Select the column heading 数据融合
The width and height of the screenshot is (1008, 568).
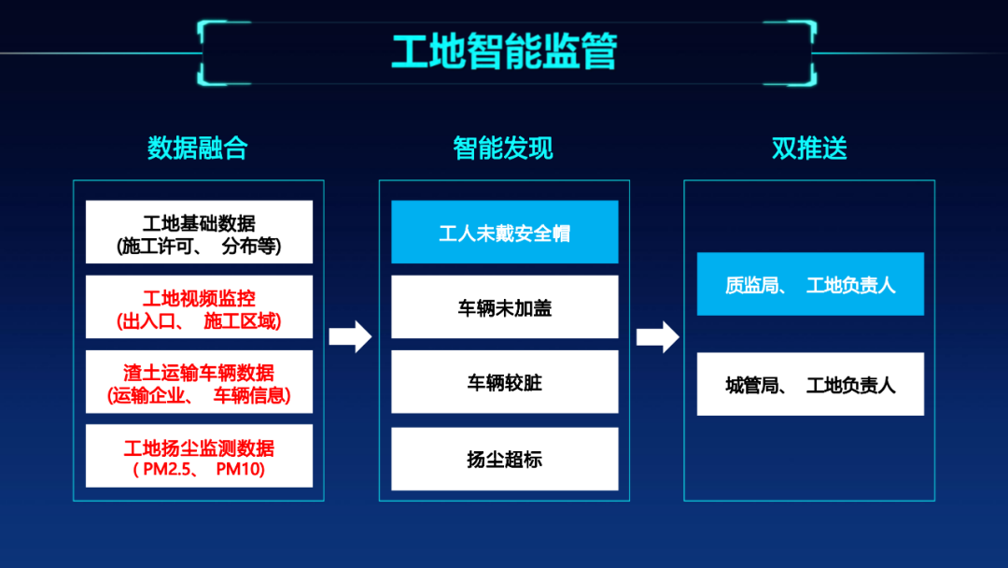198,148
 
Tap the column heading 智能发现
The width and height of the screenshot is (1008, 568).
503,148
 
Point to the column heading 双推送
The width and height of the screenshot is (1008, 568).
809,148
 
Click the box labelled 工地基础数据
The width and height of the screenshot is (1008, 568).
199,232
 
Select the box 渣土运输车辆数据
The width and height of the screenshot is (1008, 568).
199,381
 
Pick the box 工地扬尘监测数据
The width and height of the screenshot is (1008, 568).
199,456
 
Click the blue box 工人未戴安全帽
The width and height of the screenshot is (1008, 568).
504,232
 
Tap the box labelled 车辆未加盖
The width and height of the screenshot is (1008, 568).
504,306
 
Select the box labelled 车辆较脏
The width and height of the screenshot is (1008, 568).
504,382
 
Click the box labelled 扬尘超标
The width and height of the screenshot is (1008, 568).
504,459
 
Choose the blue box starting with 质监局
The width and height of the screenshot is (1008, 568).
810,284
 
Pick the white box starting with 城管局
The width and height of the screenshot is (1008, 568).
810,384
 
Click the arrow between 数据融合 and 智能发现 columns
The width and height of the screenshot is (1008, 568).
350,336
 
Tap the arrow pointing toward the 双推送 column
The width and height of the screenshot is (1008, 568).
657,336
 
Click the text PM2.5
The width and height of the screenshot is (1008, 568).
165,469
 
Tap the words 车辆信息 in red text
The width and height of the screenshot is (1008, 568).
252,395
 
